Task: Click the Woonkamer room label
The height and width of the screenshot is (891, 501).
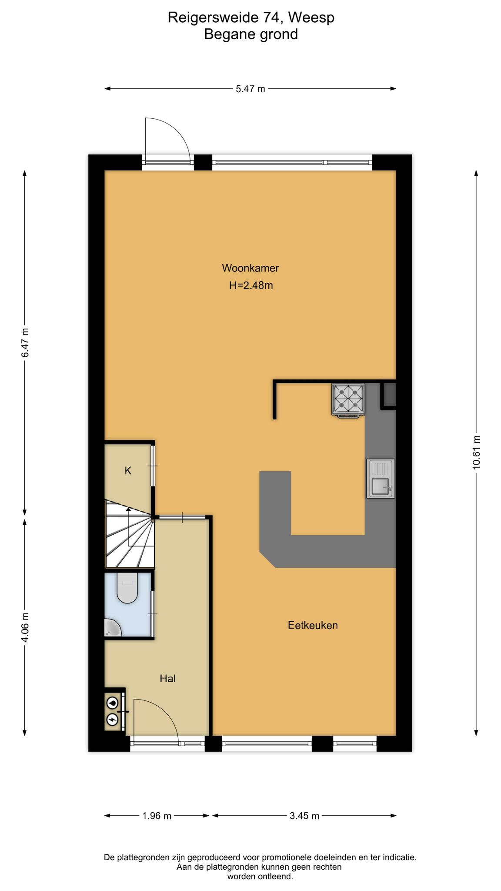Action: click(x=250, y=268)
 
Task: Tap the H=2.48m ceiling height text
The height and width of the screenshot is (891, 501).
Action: click(x=251, y=286)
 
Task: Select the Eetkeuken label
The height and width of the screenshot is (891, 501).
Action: click(x=313, y=625)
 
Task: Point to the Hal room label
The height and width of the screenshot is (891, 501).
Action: click(x=167, y=678)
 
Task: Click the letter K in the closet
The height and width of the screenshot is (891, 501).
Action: click(x=128, y=471)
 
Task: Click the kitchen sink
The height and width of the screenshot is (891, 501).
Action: click(x=381, y=478)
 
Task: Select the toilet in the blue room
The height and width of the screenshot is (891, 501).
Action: click(x=127, y=587)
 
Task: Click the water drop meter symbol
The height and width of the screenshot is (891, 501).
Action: click(x=113, y=702)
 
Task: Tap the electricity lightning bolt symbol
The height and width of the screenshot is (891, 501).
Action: click(x=113, y=720)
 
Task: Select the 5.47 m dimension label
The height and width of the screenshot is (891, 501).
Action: click(x=250, y=89)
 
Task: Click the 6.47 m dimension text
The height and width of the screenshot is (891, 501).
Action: click(x=25, y=343)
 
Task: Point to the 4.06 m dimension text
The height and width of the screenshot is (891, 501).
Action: click(x=25, y=627)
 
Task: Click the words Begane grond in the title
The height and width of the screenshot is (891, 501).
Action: click(x=251, y=34)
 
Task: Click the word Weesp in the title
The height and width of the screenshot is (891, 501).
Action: click(x=311, y=17)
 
